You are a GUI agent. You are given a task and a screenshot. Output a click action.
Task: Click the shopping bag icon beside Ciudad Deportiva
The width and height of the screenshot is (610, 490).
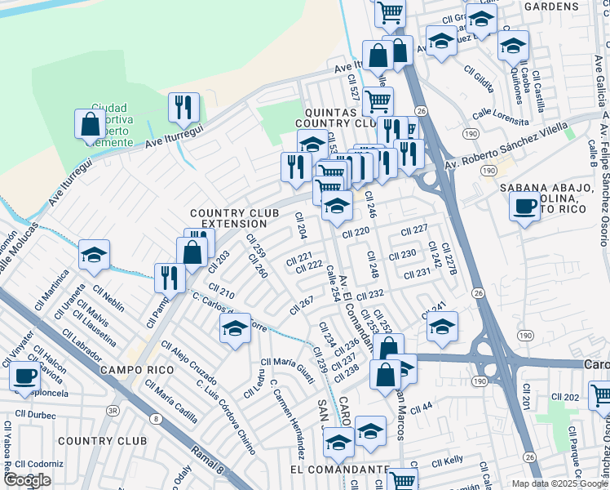tap(89, 124)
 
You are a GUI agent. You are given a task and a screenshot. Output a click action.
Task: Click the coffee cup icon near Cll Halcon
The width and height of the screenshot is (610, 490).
tap(25, 375)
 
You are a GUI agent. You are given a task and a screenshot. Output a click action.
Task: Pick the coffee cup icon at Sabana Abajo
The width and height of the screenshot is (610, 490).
tap(524, 205)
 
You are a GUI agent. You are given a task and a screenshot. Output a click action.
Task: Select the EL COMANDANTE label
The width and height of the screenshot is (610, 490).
tap(338, 470)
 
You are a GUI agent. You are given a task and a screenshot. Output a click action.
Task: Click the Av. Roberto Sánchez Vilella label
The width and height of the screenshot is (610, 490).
tap(516, 148)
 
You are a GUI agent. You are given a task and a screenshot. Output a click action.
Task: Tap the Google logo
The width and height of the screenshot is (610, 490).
tap(27, 480)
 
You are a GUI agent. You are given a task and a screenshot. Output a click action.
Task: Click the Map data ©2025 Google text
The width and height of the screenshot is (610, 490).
tap(559, 483)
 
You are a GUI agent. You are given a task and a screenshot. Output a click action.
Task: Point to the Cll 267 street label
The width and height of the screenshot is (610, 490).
tap(302, 305)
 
